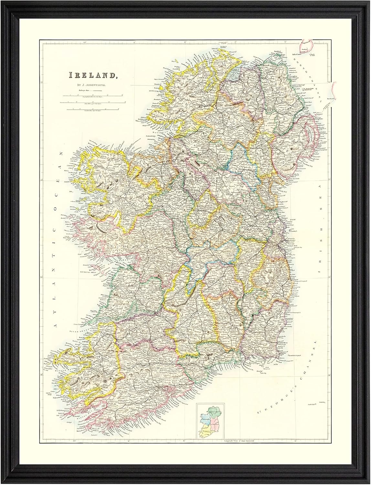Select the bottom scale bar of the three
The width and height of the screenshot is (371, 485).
coord(92,110)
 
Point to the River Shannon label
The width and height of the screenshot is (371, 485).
coord(77,331)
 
